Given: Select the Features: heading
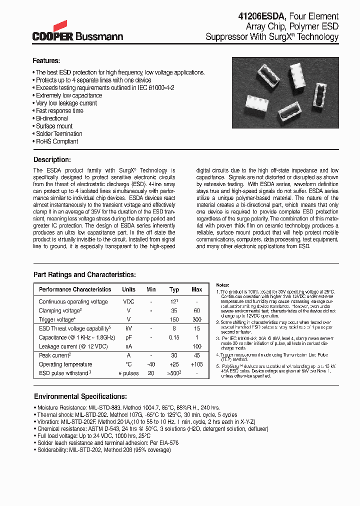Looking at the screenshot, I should (46, 61).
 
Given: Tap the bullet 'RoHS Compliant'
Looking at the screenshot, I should (56, 141).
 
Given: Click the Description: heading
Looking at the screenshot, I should (52, 159).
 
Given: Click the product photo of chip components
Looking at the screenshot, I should (285, 92).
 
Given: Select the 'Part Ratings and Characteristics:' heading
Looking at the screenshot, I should (84, 274).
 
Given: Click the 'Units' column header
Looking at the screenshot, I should (128, 289).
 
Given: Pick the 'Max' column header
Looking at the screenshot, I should (197, 289).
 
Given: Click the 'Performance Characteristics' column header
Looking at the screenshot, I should (75, 289).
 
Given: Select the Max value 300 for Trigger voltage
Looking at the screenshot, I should (197, 319).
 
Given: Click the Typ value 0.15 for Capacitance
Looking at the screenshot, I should (174, 337).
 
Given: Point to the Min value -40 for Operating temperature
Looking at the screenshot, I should (151, 364).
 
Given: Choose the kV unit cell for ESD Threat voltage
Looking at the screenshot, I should (128, 328).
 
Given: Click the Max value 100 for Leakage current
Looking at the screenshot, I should (197, 346).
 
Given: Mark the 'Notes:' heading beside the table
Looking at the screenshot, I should (223, 284).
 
